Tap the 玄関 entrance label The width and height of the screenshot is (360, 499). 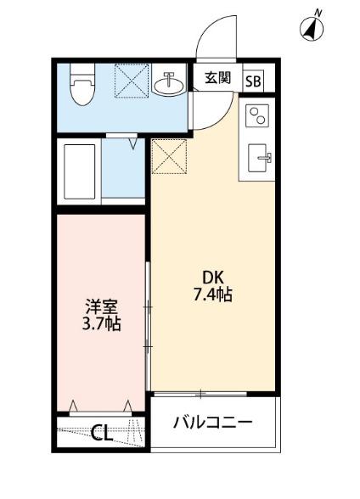(218, 78)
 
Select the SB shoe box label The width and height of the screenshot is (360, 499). (254, 81)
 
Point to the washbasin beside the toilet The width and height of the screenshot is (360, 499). (169, 84)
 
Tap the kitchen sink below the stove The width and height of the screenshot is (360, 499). (259, 158)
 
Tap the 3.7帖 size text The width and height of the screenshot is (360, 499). (100, 323)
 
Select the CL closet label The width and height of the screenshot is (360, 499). (102, 435)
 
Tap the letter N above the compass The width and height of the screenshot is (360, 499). (318, 12)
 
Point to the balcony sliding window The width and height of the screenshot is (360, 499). (200, 393)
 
